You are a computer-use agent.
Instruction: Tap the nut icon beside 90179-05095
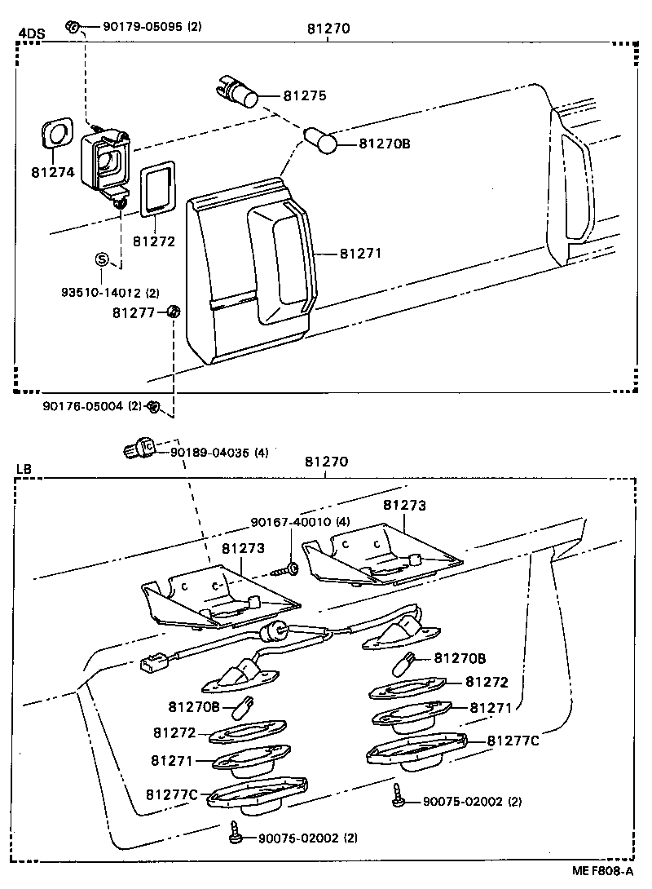click(x=73, y=27)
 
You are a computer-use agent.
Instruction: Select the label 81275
click(x=305, y=95)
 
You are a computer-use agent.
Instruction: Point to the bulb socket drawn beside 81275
click(x=240, y=92)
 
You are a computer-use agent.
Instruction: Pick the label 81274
click(x=53, y=172)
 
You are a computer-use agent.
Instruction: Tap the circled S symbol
click(x=102, y=259)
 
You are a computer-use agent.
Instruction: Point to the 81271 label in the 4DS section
click(x=360, y=254)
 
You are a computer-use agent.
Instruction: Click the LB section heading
click(x=24, y=470)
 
